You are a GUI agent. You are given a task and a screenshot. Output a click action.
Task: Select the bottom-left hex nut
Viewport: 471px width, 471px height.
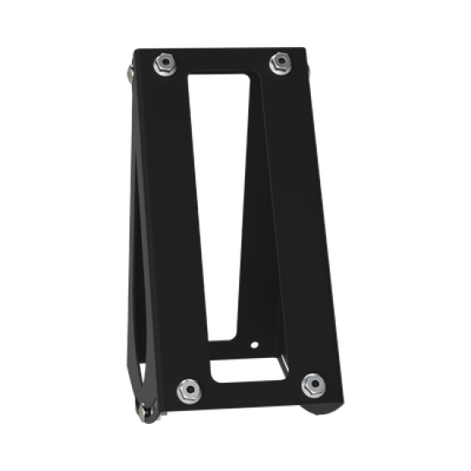click(x=187, y=390)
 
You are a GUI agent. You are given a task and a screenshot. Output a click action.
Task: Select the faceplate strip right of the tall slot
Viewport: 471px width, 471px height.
click(x=287, y=214)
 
